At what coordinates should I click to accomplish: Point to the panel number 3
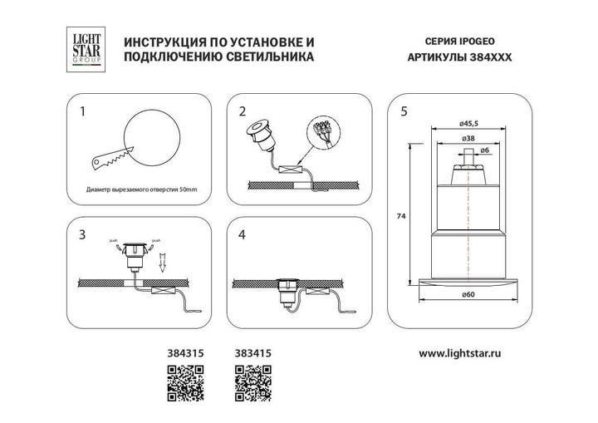[x=81, y=234]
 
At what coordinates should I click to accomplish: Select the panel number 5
[x=404, y=111]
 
